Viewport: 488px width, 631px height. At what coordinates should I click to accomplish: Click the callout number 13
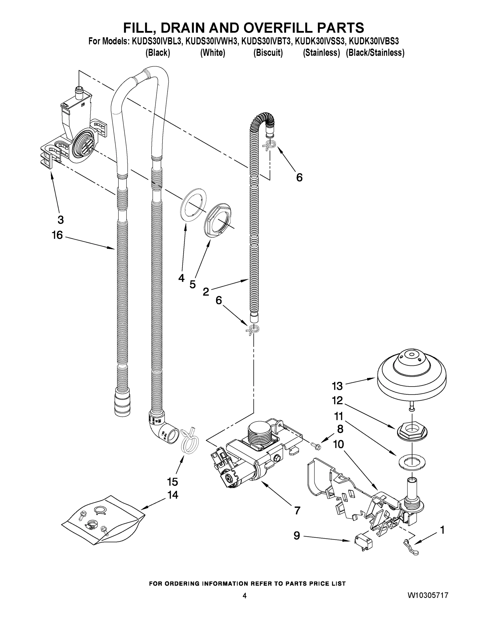click(x=337, y=386)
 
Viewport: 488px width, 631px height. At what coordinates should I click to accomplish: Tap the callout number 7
click(x=297, y=511)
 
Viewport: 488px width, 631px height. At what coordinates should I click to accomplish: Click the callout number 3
click(x=61, y=220)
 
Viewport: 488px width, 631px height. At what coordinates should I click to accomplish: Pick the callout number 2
click(x=206, y=292)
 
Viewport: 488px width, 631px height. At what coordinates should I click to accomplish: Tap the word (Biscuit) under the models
click(x=268, y=53)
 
